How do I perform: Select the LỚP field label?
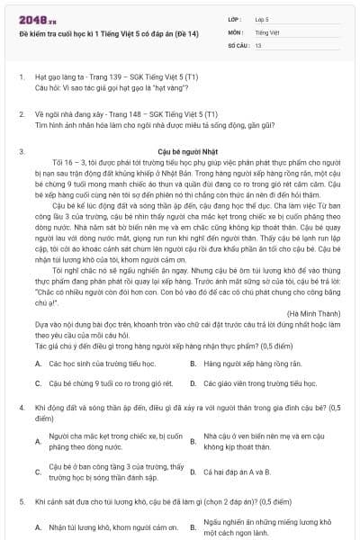point(235,17)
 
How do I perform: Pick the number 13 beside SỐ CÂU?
point(258,44)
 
